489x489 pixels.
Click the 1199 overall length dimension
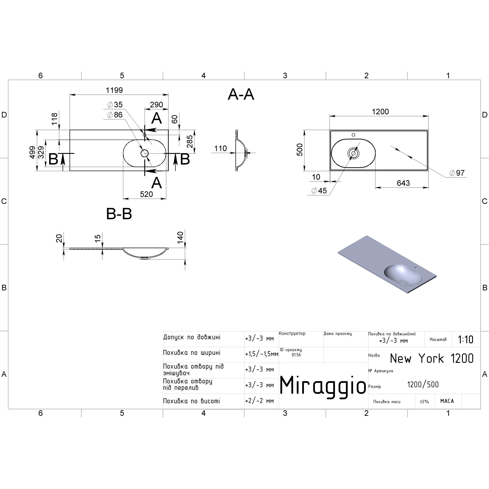click(x=114, y=90)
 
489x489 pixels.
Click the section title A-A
click(x=241, y=95)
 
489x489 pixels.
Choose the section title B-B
click(x=119, y=214)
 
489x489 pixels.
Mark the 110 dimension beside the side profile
click(x=220, y=149)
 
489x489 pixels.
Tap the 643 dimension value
click(x=403, y=183)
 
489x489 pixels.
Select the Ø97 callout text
click(x=457, y=173)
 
